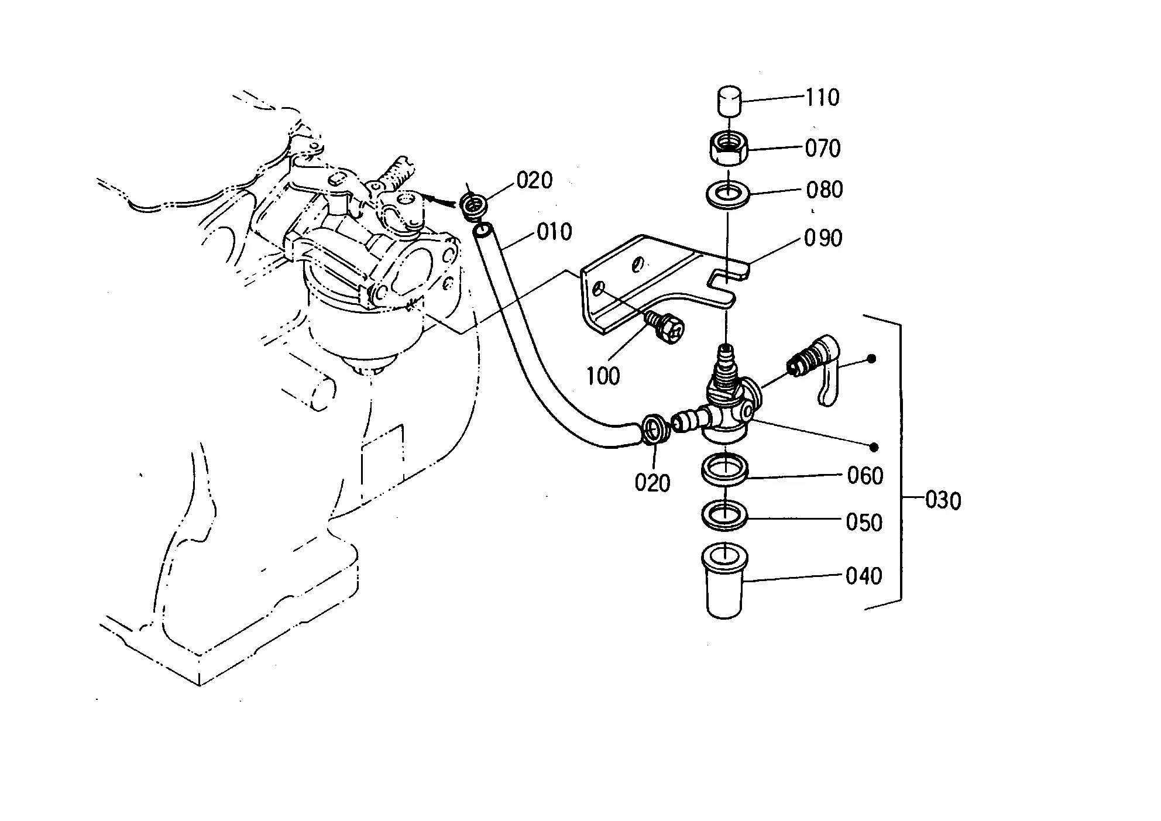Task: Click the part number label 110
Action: point(822,97)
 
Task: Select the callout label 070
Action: point(823,148)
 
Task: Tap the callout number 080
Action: point(824,190)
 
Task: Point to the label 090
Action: point(823,238)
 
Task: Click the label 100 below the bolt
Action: point(603,376)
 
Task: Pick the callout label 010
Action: point(554,232)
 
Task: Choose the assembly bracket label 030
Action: point(943,501)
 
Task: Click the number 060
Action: point(865,476)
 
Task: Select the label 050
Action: point(864,523)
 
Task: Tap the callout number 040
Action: point(864,576)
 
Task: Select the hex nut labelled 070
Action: point(728,150)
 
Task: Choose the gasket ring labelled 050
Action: point(725,515)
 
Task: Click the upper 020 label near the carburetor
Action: point(534,181)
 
